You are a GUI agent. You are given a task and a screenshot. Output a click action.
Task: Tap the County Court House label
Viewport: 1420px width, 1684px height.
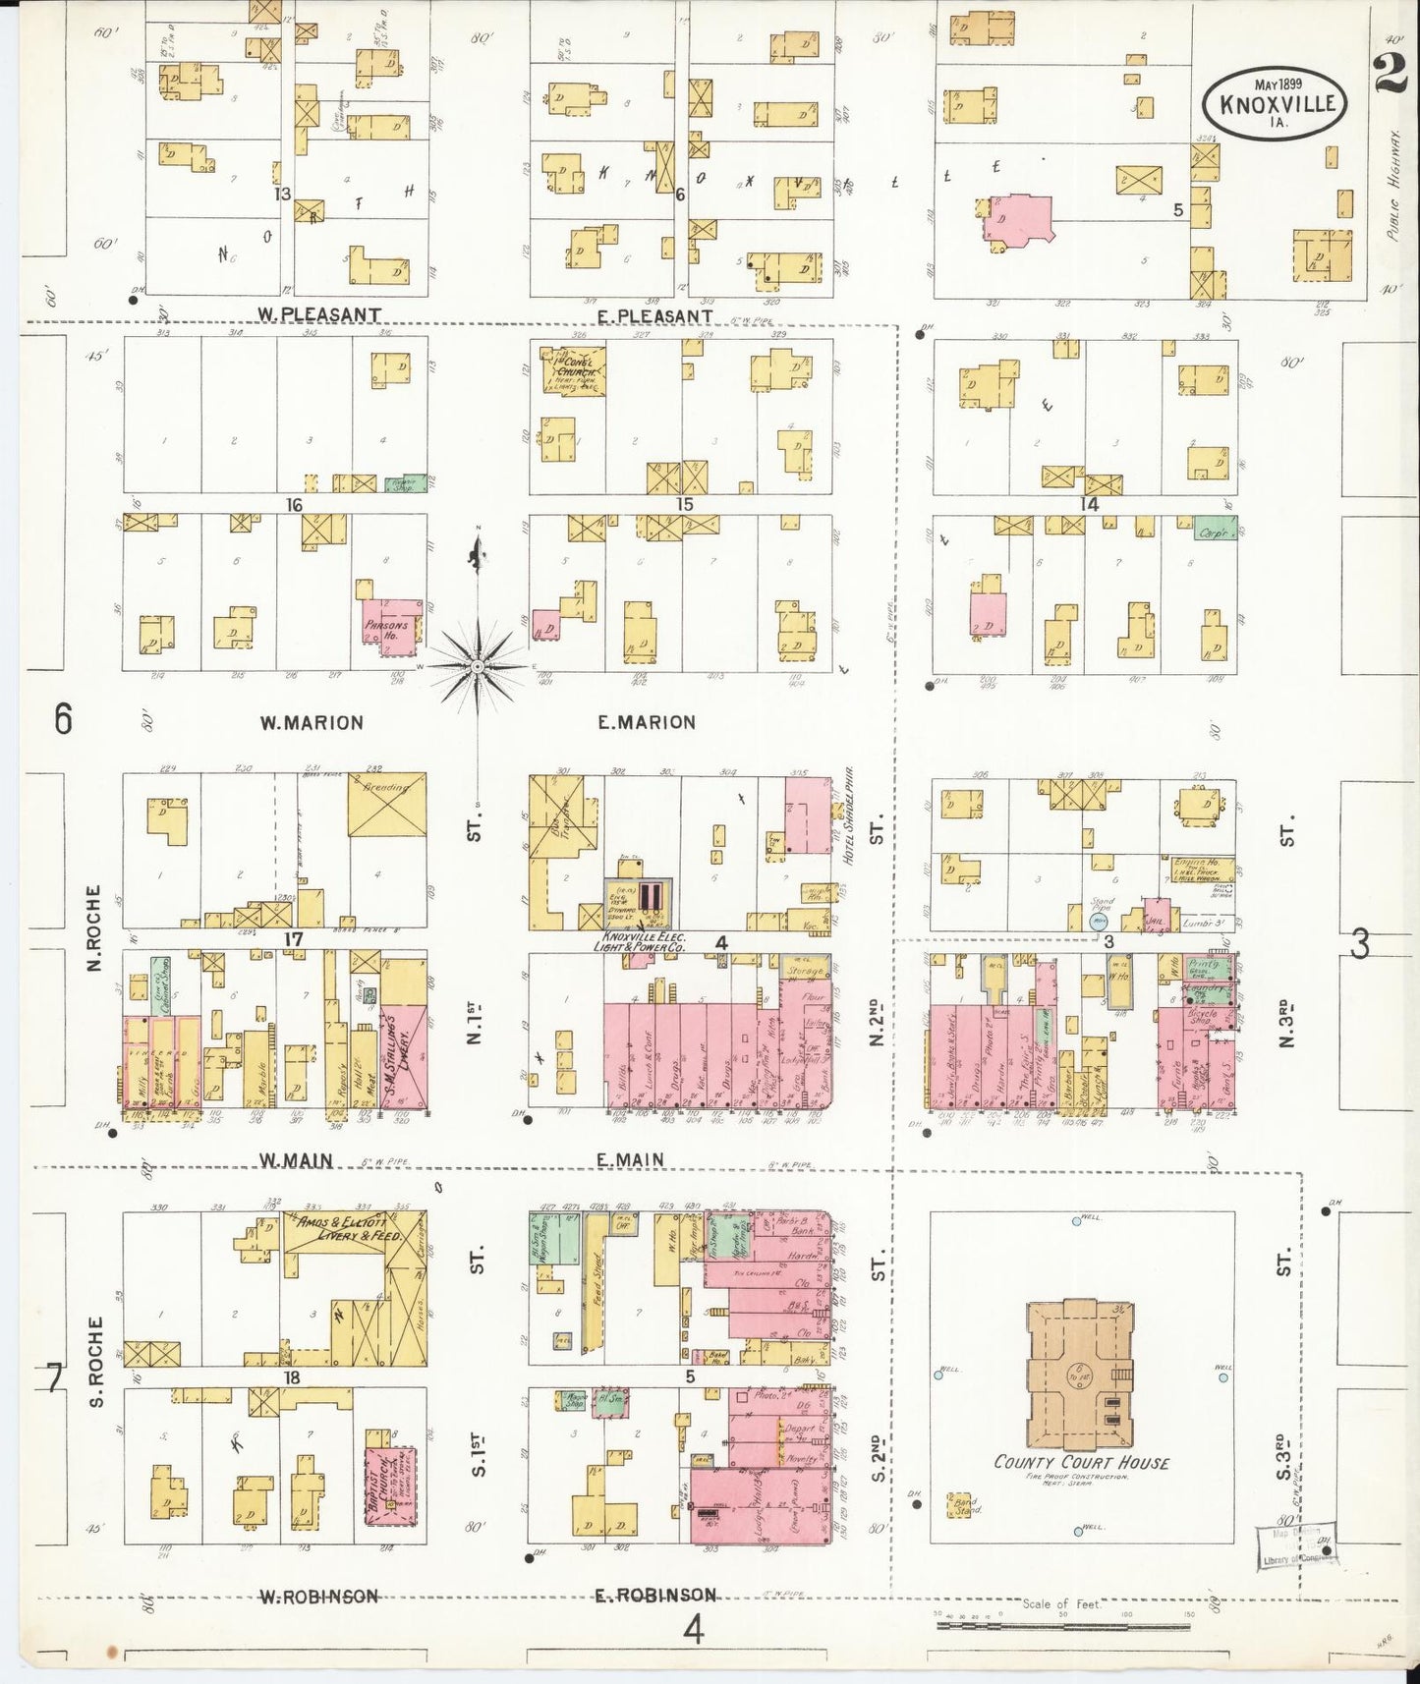[x=1081, y=1462]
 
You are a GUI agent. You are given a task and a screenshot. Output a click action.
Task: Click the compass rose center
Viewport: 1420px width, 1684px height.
[x=477, y=666]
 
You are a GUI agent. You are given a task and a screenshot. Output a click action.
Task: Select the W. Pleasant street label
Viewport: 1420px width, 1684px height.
[x=319, y=314]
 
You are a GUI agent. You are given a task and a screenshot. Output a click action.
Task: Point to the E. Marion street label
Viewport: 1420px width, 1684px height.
[x=647, y=722]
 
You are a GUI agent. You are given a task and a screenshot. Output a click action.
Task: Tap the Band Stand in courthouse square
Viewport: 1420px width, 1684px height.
[x=967, y=1505]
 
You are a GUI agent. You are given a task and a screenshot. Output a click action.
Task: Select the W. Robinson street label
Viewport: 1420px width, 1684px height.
[x=318, y=1597]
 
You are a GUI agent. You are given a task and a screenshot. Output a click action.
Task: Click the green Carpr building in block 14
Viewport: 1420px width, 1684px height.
[x=1214, y=531]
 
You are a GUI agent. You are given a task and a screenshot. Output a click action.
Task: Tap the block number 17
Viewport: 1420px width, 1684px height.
[x=293, y=939]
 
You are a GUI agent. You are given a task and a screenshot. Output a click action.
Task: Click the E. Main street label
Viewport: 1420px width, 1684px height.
[x=629, y=1159]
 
